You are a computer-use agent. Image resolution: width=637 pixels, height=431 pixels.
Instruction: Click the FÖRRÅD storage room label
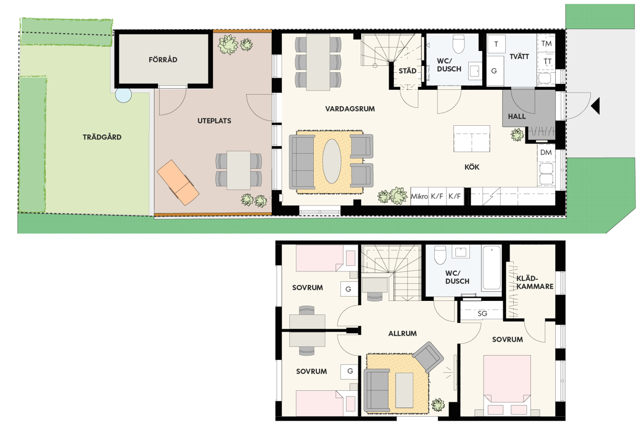click(x=163, y=59)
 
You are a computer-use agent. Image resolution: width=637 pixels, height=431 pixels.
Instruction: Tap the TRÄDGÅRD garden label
click(x=102, y=137)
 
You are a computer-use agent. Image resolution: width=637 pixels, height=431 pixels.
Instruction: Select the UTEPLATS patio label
click(x=214, y=121)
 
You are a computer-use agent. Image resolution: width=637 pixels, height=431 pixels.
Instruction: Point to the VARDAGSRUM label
click(x=350, y=109)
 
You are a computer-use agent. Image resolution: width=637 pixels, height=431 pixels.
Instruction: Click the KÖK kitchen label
click(x=472, y=167)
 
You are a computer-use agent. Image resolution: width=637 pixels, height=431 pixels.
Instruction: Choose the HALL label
click(x=517, y=117)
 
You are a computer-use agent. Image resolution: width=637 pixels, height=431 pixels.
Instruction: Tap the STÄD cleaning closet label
click(x=407, y=71)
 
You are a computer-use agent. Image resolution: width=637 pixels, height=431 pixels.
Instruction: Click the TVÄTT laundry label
click(x=519, y=57)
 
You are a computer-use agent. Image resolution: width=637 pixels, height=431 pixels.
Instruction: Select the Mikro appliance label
click(x=419, y=196)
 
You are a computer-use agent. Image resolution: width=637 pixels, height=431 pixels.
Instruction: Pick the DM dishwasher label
click(x=546, y=152)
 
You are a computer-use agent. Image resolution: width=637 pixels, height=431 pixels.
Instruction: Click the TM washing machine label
click(x=547, y=44)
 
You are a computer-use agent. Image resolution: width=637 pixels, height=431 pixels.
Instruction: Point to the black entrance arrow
click(x=596, y=106)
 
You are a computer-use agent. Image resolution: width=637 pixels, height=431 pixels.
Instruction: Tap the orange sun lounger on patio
click(x=178, y=183)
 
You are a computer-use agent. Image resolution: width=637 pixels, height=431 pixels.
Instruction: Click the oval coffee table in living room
click(x=332, y=161)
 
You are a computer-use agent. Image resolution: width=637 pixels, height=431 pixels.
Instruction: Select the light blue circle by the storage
click(x=123, y=94)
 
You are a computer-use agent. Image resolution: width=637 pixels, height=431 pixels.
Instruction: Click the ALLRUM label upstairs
click(x=402, y=333)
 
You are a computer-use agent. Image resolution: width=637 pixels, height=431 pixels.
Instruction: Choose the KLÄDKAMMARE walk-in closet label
click(x=535, y=282)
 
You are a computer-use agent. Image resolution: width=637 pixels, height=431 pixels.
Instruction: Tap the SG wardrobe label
click(x=483, y=314)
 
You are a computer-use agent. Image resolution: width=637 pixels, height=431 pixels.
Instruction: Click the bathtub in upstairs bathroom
click(x=492, y=268)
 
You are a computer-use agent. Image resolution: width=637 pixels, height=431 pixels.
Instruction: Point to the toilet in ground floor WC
click(x=459, y=44)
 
